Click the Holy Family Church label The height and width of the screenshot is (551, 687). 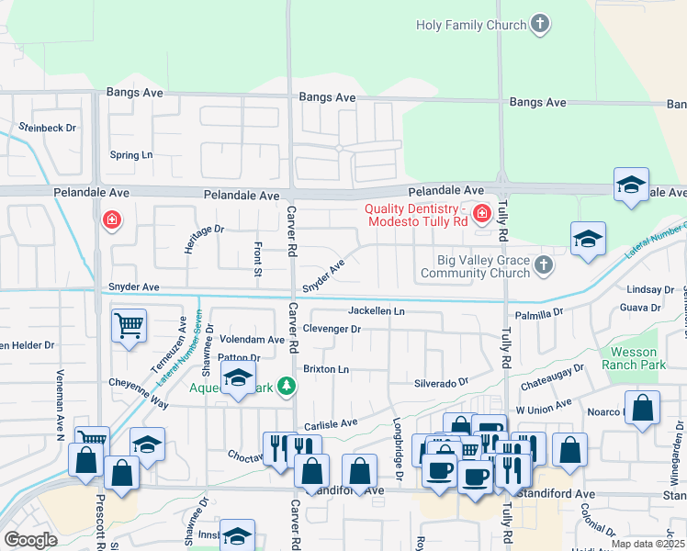tap(470, 25)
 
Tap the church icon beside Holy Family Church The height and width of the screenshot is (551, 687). tap(541, 25)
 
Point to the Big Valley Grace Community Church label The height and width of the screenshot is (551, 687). tap(475, 266)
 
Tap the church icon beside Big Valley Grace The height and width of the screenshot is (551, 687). tap(544, 266)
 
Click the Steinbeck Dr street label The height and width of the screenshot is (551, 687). tap(47, 128)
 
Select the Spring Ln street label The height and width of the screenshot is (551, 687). tap(130, 155)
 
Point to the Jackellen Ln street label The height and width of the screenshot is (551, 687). tap(376, 311)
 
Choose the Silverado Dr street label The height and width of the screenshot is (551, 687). tap(441, 381)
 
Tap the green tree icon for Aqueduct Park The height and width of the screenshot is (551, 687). tap(287, 388)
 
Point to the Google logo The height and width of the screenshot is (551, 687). tap(29, 540)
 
